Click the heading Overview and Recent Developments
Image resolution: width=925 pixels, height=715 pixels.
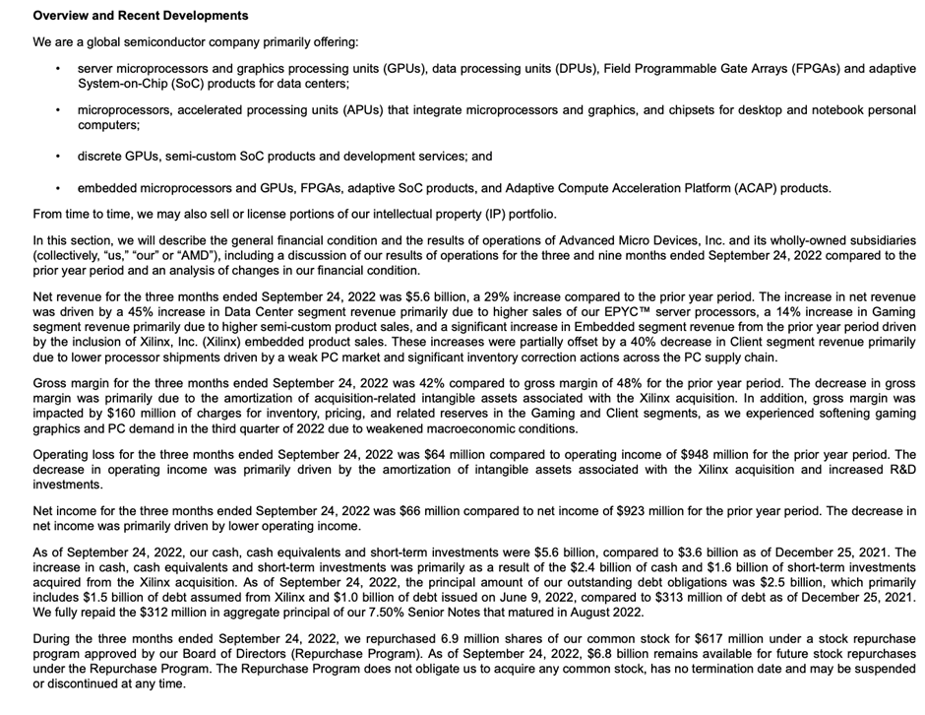pyautogui.click(x=141, y=16)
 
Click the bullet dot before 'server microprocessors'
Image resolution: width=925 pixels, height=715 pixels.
pyautogui.click(x=58, y=69)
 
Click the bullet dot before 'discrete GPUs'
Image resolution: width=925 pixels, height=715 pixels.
pyautogui.click(x=58, y=157)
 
